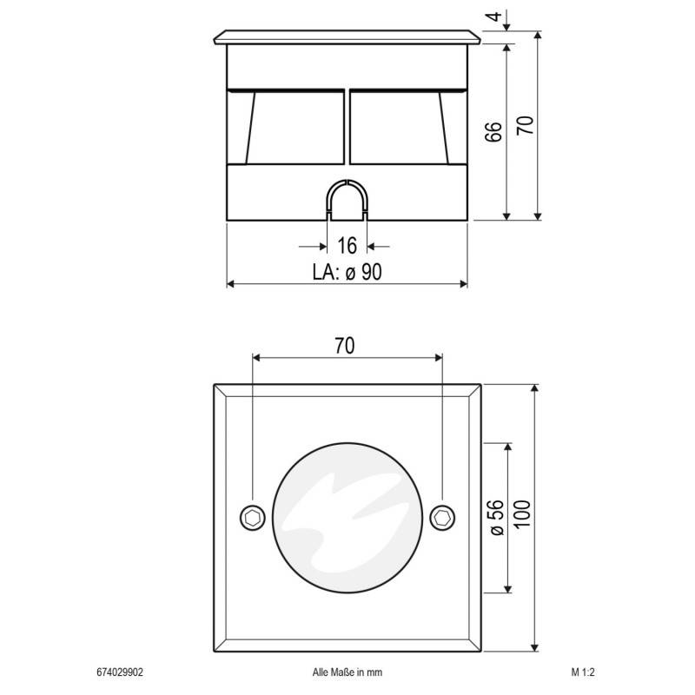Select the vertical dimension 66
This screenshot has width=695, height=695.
[x=492, y=131]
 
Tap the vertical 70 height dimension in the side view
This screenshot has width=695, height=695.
[x=524, y=124]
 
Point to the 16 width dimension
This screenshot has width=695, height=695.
[x=347, y=245]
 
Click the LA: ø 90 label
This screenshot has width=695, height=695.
[x=347, y=272]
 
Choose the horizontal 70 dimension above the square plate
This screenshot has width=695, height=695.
[x=345, y=346]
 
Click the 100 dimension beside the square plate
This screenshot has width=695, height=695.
[x=522, y=518]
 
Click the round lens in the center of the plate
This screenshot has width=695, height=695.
[x=347, y=519]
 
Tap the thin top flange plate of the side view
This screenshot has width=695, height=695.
[x=347, y=38]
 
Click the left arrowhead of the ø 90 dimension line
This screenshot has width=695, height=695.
[x=232, y=283]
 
